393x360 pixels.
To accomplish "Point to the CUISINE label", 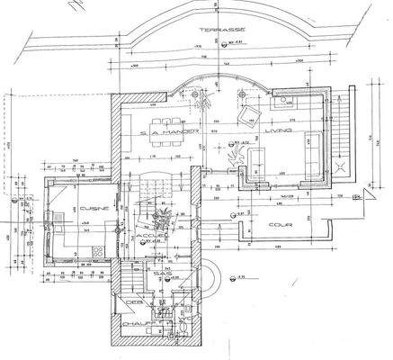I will [x=94, y=208].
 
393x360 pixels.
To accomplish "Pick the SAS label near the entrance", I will [x=163, y=272].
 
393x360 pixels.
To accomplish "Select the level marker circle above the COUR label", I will [x=236, y=216].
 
